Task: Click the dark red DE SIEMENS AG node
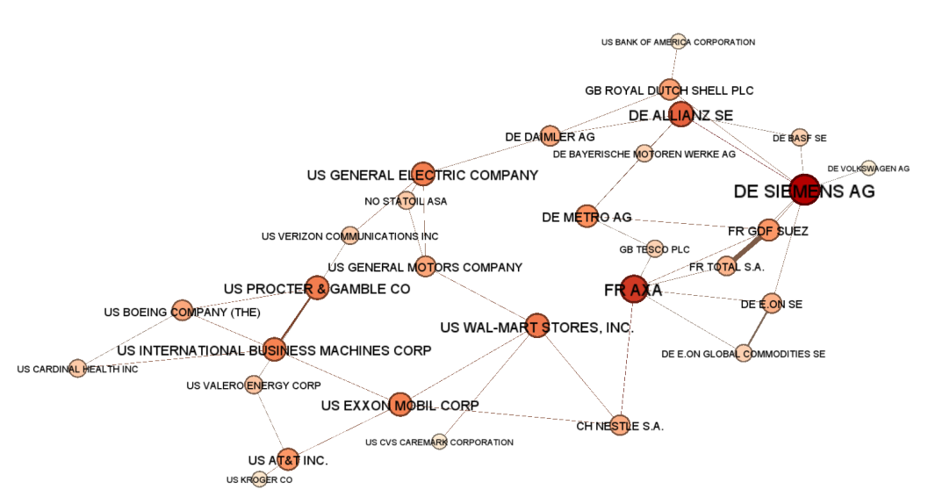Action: coord(804,190)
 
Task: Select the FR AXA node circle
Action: coord(633,290)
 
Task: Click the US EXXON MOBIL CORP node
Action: coord(399,405)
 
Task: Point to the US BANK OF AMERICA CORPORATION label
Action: coord(678,42)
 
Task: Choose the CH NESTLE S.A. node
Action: coord(620,426)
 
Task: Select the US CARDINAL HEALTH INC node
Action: coord(77,369)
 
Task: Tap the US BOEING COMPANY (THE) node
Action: coord(182,310)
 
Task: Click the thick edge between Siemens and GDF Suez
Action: coord(787,211)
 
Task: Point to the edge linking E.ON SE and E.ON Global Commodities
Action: coord(758,328)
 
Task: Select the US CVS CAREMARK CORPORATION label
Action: coord(439,443)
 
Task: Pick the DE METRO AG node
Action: coord(587,217)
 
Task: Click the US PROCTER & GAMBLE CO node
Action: coord(317,288)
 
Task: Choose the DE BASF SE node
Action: coord(799,137)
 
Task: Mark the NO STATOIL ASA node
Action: coord(406,201)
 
